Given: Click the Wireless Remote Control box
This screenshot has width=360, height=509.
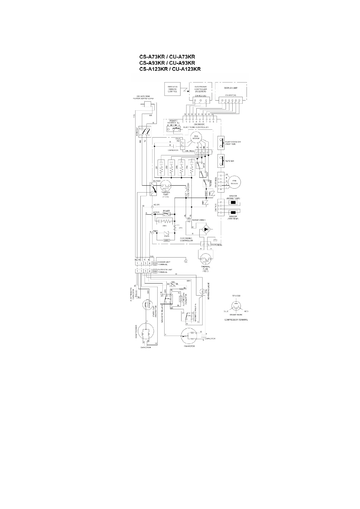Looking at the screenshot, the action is (x=172, y=89).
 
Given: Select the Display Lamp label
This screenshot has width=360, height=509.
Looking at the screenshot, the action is (x=231, y=88).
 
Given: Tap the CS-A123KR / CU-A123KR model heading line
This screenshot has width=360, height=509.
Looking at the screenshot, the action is (x=170, y=69).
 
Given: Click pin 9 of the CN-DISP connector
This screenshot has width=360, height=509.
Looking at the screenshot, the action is (x=213, y=119).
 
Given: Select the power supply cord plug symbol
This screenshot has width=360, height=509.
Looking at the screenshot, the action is (x=148, y=105).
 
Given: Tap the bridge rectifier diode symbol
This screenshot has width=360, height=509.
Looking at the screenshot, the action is (x=206, y=229).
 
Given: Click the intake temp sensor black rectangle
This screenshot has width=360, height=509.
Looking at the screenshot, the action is (x=233, y=203).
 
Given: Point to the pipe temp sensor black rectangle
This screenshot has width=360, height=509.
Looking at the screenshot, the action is (x=233, y=212).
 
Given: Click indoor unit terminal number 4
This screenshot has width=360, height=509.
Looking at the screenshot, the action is (x=149, y=263).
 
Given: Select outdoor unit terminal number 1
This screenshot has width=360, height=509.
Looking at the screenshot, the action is (x=137, y=271).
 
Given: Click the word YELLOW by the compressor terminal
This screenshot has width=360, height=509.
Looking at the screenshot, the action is (x=236, y=295).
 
